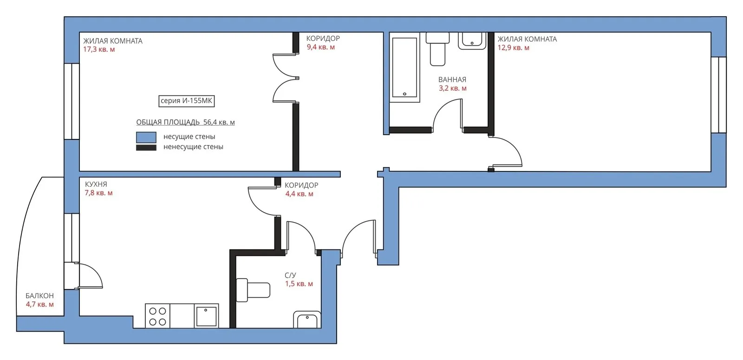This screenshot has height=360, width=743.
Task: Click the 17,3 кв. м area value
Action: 99,49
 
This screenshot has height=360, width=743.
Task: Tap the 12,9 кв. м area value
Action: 513,48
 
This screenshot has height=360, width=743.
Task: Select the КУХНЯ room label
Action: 96,184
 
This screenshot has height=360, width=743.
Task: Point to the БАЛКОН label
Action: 39,295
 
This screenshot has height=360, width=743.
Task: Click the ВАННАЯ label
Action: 452,79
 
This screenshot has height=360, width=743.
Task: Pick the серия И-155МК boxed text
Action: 186,101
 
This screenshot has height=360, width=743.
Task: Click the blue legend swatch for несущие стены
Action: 146,137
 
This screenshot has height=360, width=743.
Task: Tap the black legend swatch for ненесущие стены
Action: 146,148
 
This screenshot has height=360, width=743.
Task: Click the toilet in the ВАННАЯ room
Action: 437,49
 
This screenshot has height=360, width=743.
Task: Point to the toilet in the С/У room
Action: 253,290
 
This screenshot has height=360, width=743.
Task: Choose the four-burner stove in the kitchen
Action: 157,316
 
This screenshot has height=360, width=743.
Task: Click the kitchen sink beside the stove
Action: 206,316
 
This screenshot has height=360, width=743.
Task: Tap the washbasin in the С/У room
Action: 307,320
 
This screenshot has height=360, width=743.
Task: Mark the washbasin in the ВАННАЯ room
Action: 472,41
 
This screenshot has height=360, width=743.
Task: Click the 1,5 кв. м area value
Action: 299,284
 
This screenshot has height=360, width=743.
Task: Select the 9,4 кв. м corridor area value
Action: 321,47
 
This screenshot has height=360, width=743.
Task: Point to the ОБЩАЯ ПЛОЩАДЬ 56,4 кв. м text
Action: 185,122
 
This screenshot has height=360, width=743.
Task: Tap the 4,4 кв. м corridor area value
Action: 299,194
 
